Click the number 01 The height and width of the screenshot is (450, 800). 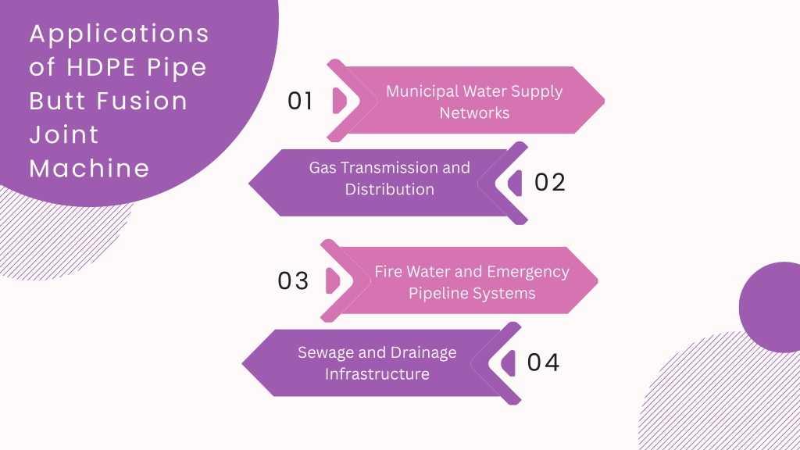coord(300,101)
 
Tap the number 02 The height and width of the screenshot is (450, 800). coord(550,182)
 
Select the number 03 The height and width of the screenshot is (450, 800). coord(294,280)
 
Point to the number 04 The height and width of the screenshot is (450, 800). coord(544,362)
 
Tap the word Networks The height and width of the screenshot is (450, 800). coord(474,112)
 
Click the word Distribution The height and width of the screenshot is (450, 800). coord(390,189)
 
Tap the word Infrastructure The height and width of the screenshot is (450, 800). coord(377,374)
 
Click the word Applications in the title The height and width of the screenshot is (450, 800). coord(120,34)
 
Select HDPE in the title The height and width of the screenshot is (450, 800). coord(101,67)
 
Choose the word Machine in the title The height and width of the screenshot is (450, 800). coord(89,168)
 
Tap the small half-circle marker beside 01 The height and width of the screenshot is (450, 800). coord(339,101)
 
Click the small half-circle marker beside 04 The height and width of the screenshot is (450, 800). coord(508,362)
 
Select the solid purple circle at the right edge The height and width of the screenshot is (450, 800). coord(770,307)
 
